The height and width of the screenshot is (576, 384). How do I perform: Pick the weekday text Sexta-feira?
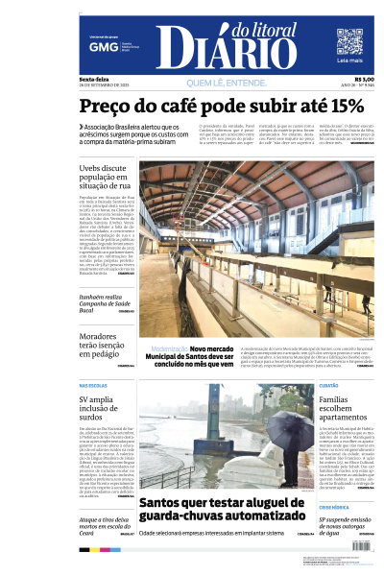click(93, 79)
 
